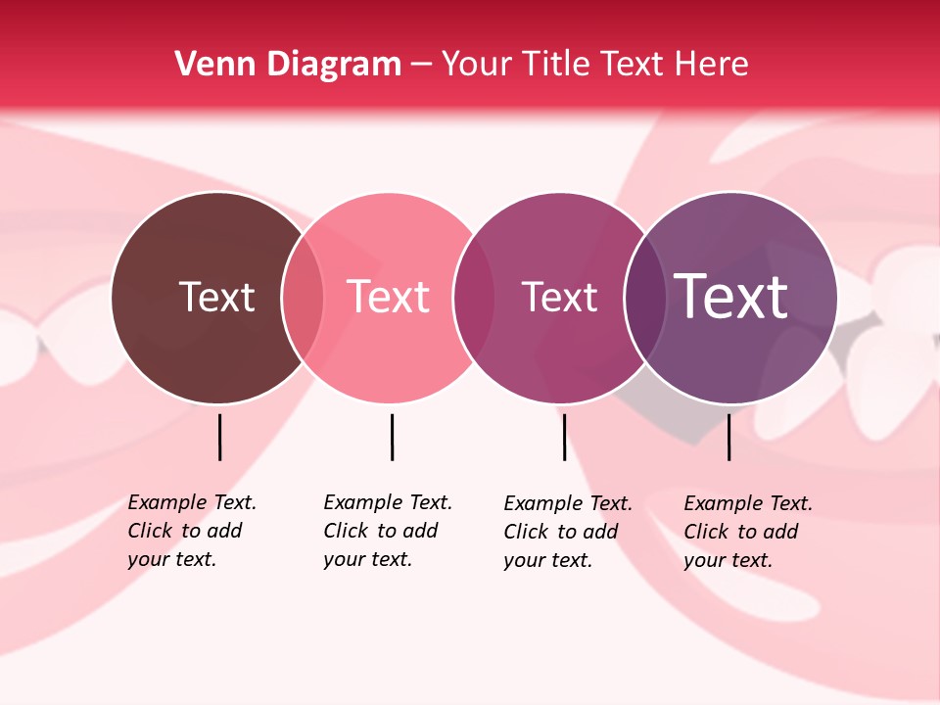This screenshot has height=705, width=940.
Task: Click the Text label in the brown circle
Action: pos(216,297)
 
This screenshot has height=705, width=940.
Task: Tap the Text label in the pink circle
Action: pos(389,297)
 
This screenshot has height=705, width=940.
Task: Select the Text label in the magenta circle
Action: pos(559,297)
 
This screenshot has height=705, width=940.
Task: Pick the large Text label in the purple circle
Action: pos(731,297)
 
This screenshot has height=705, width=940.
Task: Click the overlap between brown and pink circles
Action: pos(303,298)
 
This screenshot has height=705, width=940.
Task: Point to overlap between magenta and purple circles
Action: pos(644,298)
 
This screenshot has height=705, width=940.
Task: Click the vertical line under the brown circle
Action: pos(219,437)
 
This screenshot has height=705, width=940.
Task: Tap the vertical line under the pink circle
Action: pos(392,437)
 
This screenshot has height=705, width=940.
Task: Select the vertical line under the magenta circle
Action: pos(564,437)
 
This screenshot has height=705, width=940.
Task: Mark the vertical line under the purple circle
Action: pos(728,437)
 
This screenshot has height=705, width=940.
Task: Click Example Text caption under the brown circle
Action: pos(192,502)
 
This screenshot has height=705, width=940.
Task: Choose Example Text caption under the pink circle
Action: pos(388,502)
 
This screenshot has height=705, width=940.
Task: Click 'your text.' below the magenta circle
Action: pos(547,560)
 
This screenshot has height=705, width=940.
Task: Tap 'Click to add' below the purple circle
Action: pos(740,532)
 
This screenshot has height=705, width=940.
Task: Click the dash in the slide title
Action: pos(421,65)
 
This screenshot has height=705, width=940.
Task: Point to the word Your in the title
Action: pos(478,64)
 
